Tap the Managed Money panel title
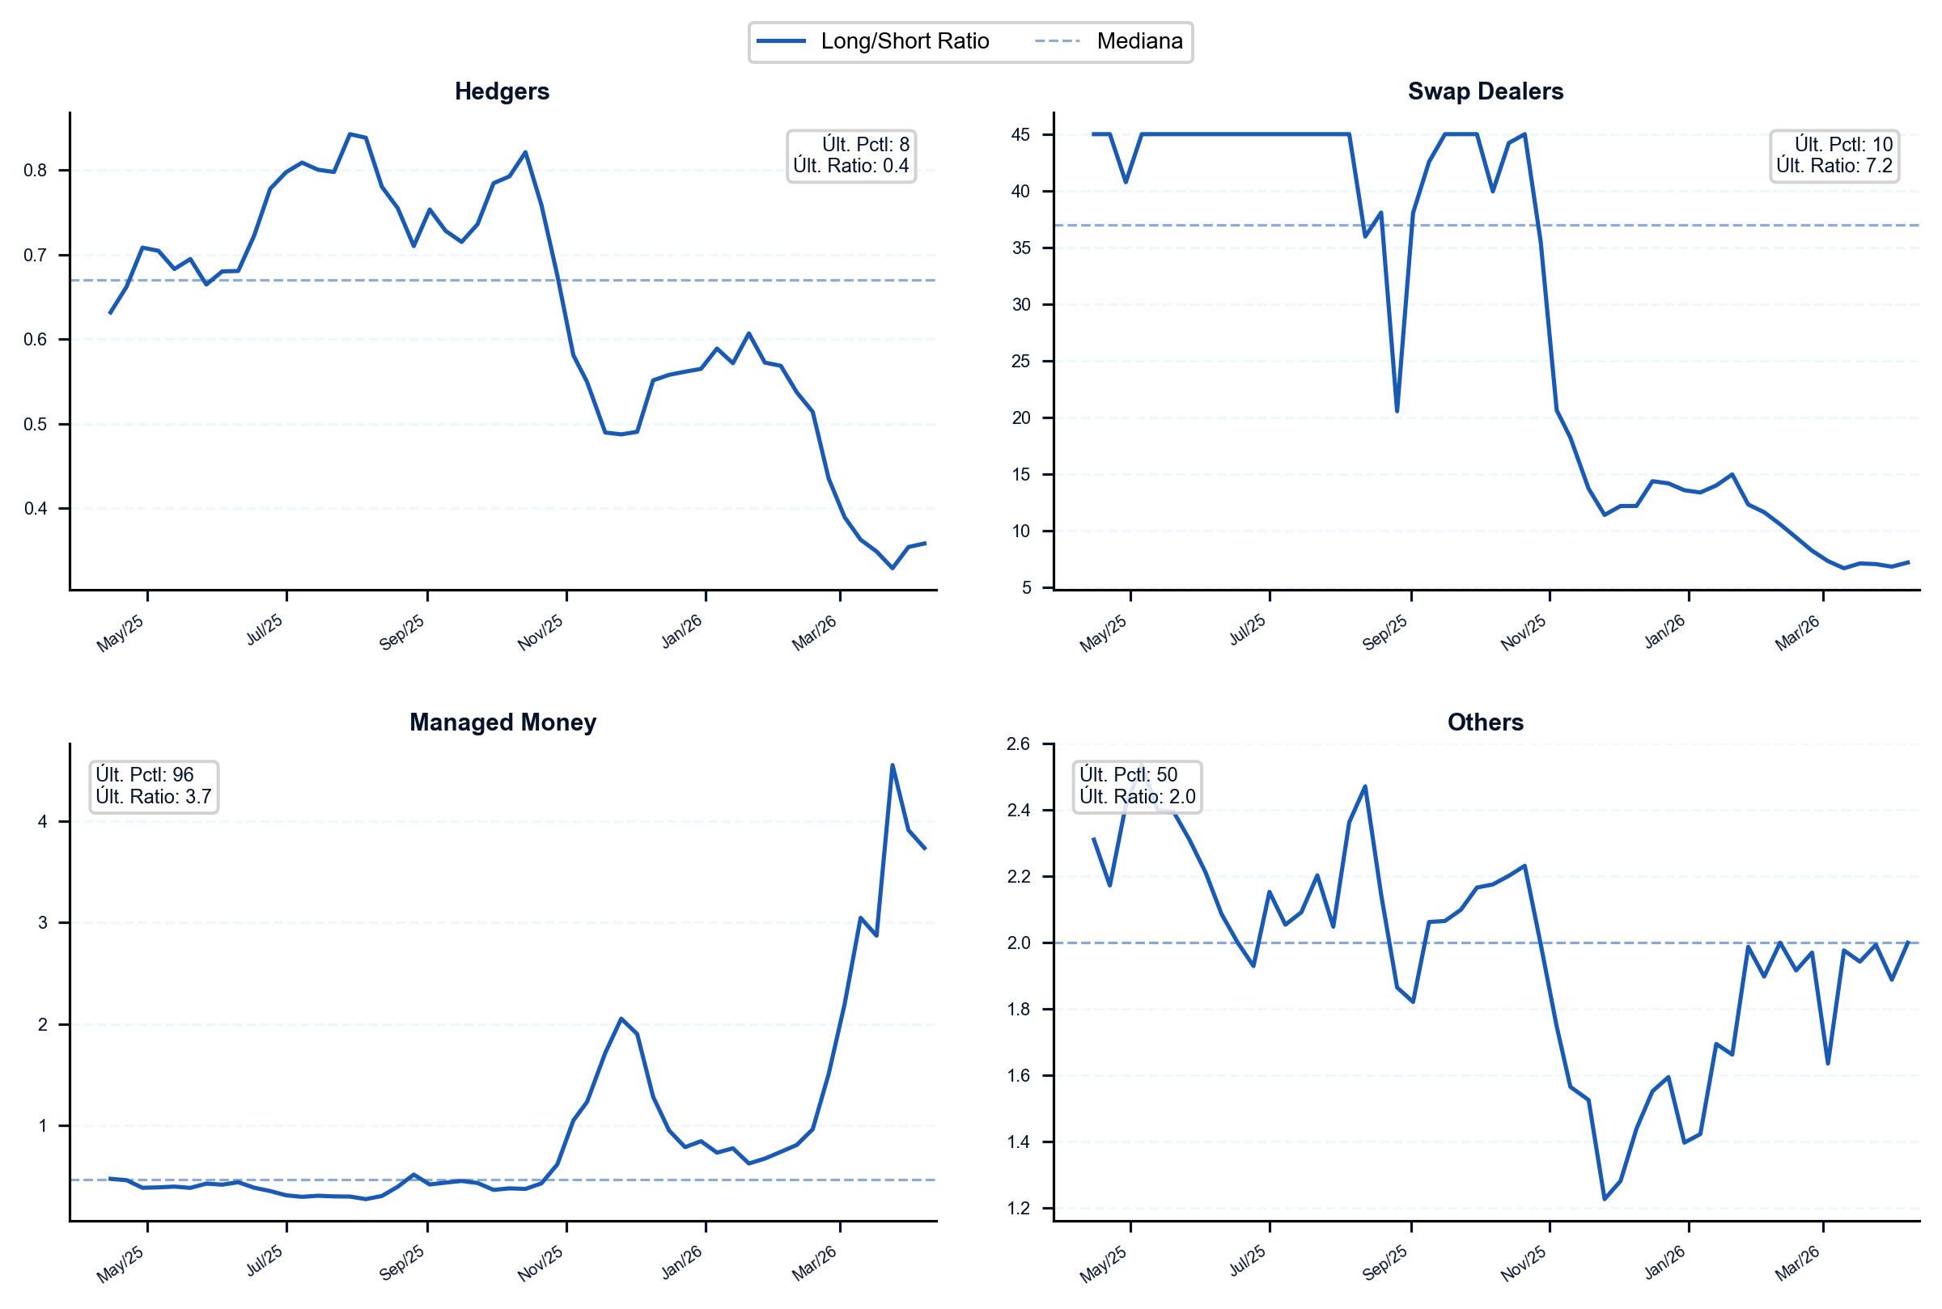pos(502,722)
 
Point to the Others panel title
pos(1486,722)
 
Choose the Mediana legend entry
pos(1109,41)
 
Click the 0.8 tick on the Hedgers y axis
pos(35,171)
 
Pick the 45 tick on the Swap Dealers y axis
pos(1021,134)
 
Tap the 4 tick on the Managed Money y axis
pos(43,821)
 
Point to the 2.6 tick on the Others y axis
pos(1019,743)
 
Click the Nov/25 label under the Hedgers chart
pos(541,633)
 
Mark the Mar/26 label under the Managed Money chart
pos(814,1263)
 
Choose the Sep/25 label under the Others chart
pos(1385,1263)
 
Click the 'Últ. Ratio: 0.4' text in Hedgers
pos(850,166)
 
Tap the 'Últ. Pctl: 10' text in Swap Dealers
pos(1843,145)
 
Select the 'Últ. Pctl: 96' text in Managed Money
pos(145,775)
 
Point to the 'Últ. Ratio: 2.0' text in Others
pos(1137,796)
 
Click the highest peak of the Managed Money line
pos(893,765)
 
